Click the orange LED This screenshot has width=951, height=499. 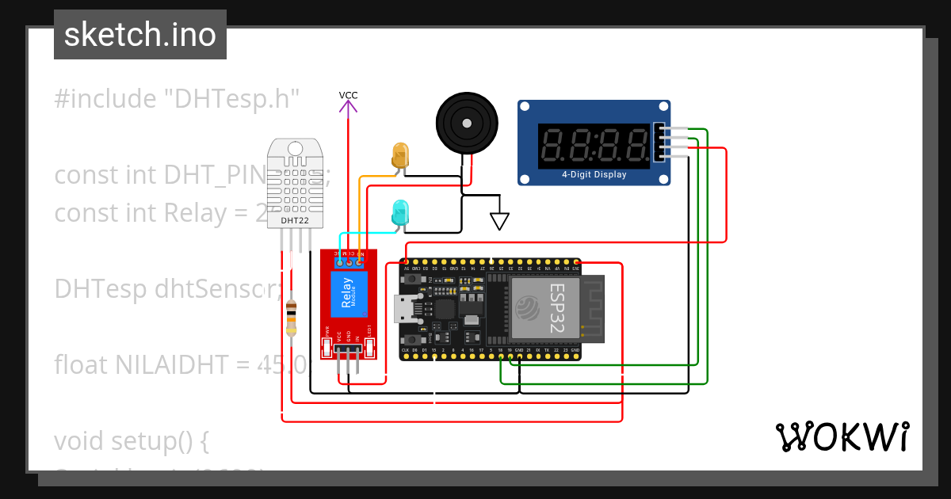click(400, 154)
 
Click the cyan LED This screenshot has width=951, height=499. click(400, 212)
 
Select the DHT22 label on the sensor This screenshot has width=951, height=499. click(295, 220)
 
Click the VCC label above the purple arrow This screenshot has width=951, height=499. click(348, 95)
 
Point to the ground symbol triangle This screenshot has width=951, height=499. click(498, 220)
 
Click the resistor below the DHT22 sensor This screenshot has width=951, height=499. click(291, 318)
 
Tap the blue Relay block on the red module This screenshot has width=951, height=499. click(347, 292)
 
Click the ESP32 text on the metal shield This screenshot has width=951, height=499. click(557, 307)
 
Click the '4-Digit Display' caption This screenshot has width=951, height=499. click(594, 174)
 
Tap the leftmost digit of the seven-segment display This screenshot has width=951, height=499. click(554, 146)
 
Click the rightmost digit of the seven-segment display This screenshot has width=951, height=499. click(634, 146)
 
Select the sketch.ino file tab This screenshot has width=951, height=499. click(140, 35)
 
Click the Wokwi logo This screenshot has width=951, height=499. click(842, 436)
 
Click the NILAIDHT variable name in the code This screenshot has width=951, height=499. click(184, 364)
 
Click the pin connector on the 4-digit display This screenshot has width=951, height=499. click(659, 144)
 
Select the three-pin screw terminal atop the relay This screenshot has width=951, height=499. click(349, 260)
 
